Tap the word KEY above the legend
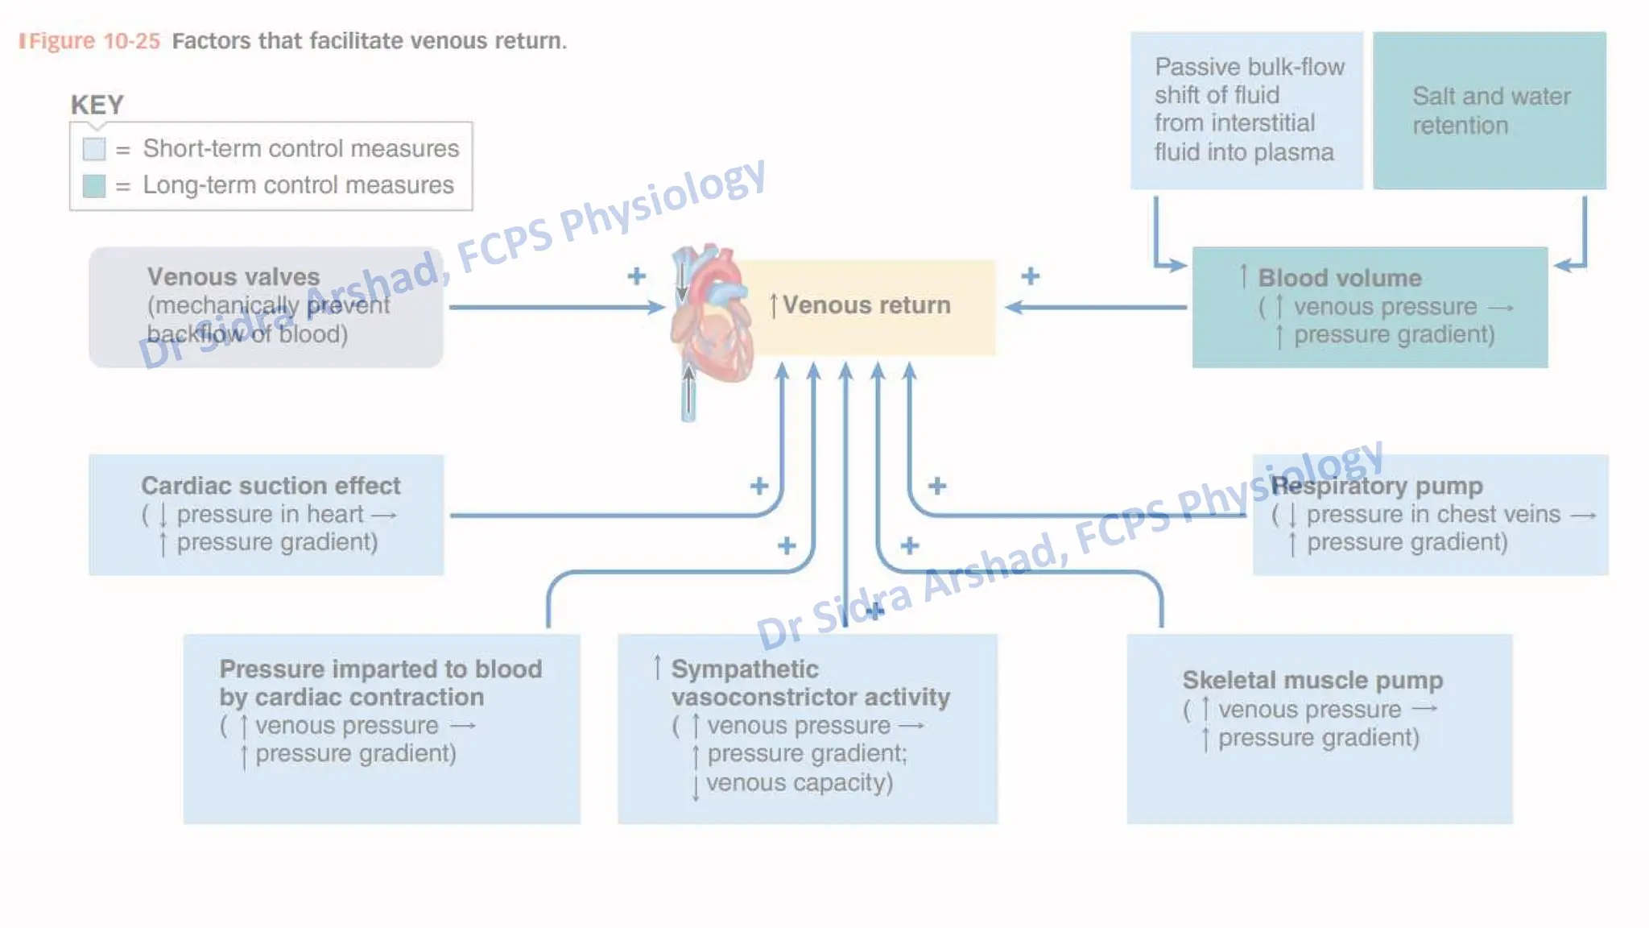click(x=97, y=105)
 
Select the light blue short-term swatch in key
click(x=94, y=149)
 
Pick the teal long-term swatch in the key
click(x=94, y=186)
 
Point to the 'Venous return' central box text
click(x=866, y=305)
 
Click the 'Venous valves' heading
click(x=234, y=277)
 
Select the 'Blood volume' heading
click(x=1339, y=278)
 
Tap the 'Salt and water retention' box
click(x=1490, y=110)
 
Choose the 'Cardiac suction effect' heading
click(x=271, y=486)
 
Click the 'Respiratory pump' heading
click(x=1376, y=486)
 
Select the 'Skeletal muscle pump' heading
click(x=1312, y=680)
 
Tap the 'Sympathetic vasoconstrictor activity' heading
click(x=809, y=682)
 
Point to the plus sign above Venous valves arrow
click(x=637, y=276)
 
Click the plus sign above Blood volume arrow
click(x=1030, y=276)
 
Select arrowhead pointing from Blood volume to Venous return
click(x=1015, y=307)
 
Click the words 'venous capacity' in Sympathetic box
click(x=799, y=782)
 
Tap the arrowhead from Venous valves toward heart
click(x=656, y=307)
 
